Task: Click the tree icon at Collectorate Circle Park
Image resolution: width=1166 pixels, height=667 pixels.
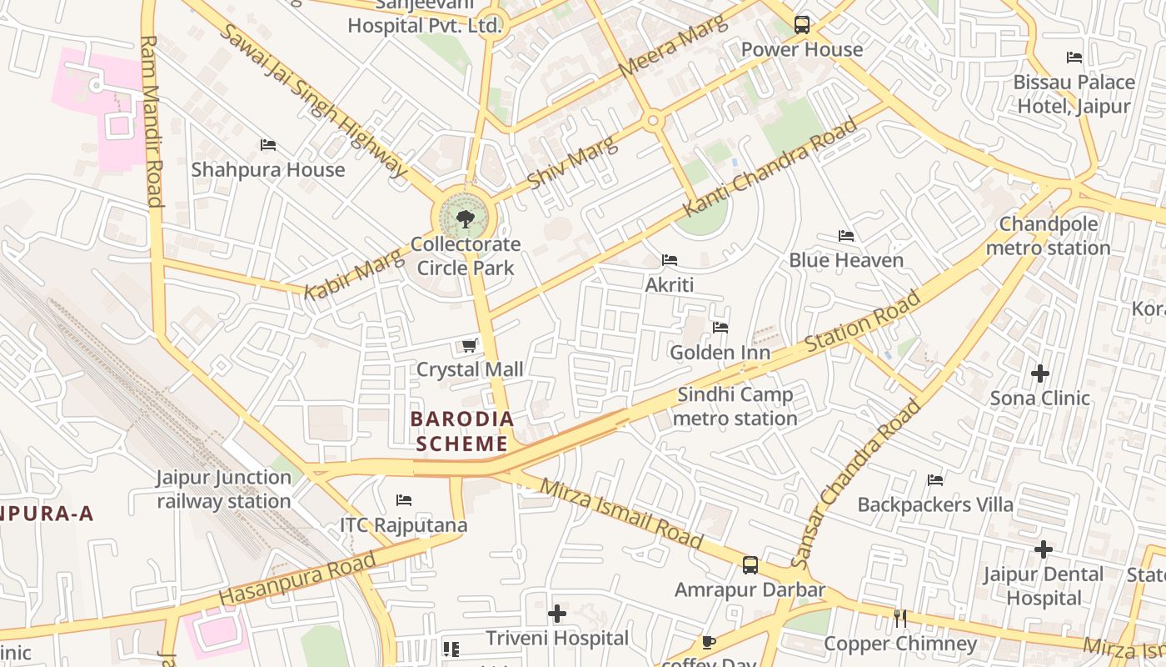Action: tap(465, 219)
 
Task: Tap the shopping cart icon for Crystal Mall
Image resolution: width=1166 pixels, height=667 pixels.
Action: tap(470, 345)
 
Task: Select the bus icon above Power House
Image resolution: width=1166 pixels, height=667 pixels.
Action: tap(801, 25)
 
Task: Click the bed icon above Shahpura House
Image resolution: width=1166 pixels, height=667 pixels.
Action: tap(267, 145)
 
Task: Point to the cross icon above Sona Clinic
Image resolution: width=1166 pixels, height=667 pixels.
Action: tap(1039, 374)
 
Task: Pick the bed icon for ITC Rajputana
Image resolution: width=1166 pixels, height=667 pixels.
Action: tap(404, 500)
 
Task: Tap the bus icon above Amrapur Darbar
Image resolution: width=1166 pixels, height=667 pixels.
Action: tap(750, 565)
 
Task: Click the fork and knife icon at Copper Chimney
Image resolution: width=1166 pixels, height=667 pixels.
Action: tap(899, 619)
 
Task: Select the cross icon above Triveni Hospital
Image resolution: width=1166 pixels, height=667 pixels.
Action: tap(557, 614)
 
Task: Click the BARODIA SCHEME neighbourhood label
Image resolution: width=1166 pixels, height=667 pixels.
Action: tap(461, 431)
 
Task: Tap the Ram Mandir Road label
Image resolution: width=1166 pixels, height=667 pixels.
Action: tap(152, 120)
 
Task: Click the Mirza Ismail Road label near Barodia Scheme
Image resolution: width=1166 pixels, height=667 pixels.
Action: tap(620, 513)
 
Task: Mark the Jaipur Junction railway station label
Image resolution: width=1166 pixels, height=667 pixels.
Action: tap(223, 489)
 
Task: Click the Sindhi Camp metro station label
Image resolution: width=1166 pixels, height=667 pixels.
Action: tap(735, 406)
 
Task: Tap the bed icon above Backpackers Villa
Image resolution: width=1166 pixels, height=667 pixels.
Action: tap(935, 480)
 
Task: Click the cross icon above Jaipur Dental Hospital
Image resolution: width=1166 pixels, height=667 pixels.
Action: tap(1043, 549)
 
